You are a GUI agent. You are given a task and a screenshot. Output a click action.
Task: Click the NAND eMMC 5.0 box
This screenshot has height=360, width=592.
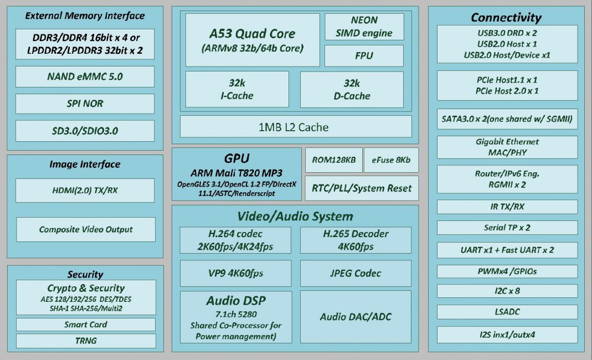click(x=85, y=76)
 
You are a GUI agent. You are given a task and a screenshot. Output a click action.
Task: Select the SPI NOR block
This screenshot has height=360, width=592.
click(x=85, y=104)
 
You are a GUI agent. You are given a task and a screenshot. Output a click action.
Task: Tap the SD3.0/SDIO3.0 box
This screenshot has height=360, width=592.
click(x=85, y=131)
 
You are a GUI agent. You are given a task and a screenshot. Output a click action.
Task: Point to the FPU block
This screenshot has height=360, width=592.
click(x=364, y=56)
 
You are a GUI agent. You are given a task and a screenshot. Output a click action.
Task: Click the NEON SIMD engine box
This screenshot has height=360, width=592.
click(x=364, y=27)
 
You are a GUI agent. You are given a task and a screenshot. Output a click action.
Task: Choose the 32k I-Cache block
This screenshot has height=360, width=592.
click(x=237, y=90)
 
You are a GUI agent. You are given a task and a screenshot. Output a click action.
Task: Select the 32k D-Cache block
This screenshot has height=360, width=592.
click(x=352, y=90)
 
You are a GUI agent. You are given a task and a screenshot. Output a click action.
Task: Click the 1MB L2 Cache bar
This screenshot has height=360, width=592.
click(x=296, y=126)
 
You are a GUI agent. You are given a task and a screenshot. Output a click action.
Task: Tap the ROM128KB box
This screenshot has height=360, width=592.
click(x=334, y=160)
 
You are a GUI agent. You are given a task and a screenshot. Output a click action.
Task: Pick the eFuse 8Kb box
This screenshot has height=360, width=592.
click(x=391, y=160)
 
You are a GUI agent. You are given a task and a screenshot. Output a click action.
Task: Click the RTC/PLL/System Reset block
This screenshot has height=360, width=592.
click(x=362, y=188)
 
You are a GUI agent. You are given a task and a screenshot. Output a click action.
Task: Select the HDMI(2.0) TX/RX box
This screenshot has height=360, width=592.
click(x=85, y=191)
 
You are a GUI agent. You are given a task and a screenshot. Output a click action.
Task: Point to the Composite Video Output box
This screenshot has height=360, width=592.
click(x=86, y=229)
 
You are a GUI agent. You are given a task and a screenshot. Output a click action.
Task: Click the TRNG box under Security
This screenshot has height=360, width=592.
click(x=86, y=341)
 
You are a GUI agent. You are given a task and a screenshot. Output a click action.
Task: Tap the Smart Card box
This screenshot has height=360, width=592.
click(x=86, y=325)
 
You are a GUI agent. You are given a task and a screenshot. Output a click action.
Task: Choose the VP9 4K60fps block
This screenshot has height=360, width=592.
click(x=235, y=273)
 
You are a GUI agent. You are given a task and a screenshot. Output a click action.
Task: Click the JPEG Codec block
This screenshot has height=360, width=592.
click(x=356, y=273)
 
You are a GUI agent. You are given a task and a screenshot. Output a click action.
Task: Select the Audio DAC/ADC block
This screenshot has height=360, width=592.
click(x=356, y=317)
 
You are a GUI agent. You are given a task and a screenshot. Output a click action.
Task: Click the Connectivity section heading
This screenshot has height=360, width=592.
click(x=506, y=17)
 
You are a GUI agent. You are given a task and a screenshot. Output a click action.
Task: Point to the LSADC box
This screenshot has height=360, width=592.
click(x=507, y=312)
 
